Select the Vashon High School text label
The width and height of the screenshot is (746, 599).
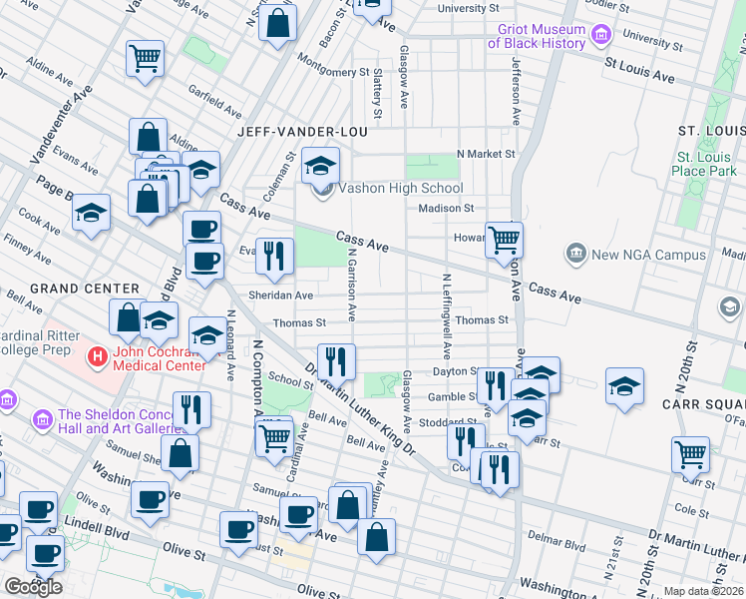click(400, 188)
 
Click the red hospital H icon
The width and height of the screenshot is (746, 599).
click(97, 355)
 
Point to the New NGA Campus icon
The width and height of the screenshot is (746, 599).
click(576, 255)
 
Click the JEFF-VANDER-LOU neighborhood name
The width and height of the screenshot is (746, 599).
click(302, 132)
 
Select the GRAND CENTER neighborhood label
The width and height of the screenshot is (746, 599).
click(70, 289)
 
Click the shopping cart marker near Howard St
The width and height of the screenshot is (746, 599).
click(504, 240)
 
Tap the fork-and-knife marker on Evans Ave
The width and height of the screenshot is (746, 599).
click(274, 256)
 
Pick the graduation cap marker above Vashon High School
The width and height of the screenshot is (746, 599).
click(320, 165)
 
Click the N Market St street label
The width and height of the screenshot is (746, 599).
click(485, 154)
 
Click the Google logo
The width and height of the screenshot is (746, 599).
click(32, 587)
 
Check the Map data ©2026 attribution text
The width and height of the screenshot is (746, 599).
click(704, 592)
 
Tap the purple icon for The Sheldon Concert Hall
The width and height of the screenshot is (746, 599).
click(43, 416)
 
